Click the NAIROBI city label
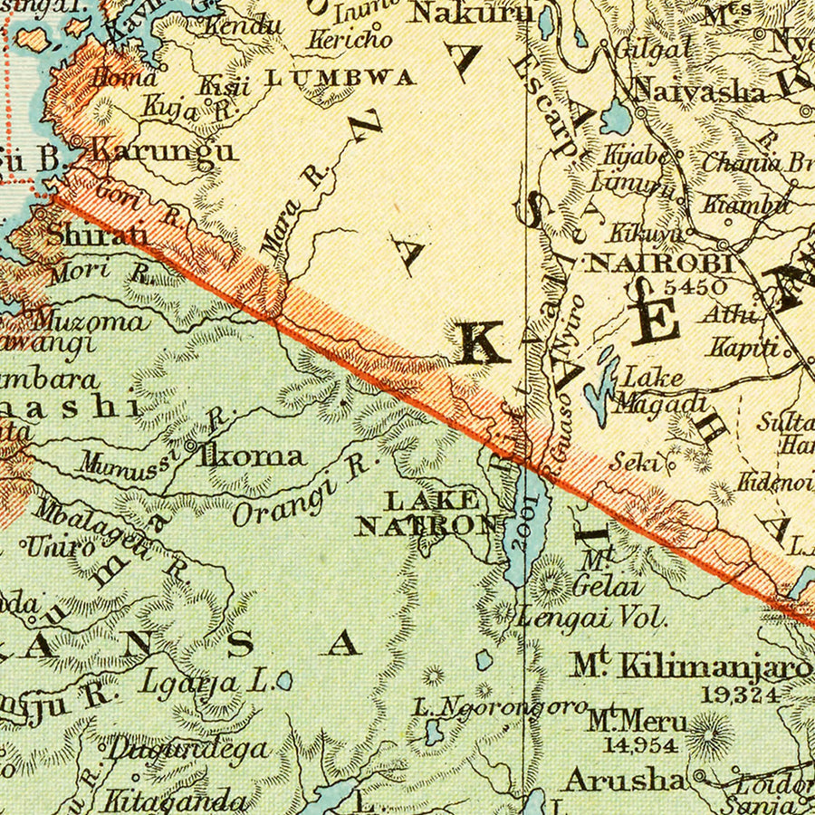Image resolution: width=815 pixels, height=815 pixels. (x=661, y=264)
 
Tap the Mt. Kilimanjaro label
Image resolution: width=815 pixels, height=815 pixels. (x=690, y=667)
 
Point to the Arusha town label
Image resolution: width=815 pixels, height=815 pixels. (x=625, y=778)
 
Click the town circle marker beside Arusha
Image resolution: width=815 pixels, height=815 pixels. (x=699, y=777)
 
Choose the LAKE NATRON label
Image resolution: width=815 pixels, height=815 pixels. (x=431, y=513)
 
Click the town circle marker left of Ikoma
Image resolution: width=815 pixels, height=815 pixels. (x=190, y=446)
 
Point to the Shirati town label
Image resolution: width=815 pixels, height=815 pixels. (x=97, y=235)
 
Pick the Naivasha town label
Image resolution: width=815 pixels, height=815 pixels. (x=699, y=90)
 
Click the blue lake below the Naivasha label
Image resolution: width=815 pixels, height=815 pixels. (x=617, y=117)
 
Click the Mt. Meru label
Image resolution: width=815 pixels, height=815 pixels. (x=637, y=722)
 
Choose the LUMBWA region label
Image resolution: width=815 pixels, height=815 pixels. (x=340, y=78)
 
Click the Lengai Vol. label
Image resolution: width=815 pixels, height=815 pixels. (x=592, y=618)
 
